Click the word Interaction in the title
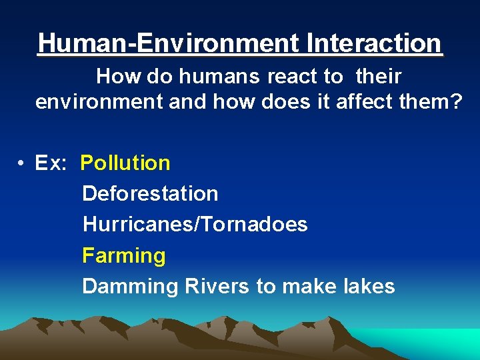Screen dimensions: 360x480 point(375,43)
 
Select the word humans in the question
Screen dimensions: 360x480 point(219,77)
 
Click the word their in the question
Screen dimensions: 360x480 point(378,77)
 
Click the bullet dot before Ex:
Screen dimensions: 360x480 point(22,163)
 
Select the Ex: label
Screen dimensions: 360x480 point(51,163)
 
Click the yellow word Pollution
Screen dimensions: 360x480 point(125,163)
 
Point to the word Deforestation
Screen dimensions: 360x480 point(150,194)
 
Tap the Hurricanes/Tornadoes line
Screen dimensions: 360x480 point(195,225)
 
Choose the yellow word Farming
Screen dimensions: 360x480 point(123,256)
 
